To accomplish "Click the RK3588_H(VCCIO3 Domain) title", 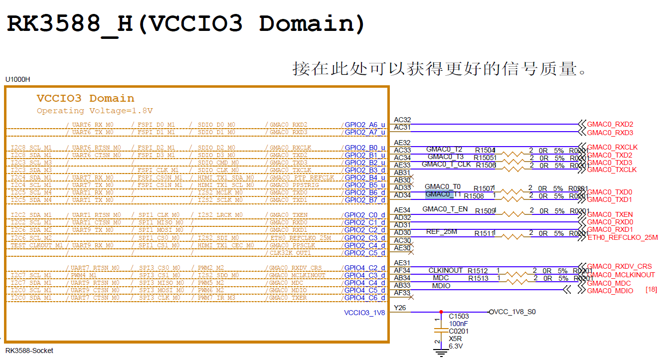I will coord(186,24).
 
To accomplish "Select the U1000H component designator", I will coord(17,79).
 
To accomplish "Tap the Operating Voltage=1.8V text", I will coord(95,111).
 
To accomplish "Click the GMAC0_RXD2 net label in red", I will coord(610,125).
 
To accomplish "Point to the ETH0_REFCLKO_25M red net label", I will coord(623,237).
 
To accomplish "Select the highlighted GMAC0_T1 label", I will coord(443,194).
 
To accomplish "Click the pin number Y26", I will coord(400,308).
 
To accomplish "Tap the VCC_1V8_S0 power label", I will coord(514,312).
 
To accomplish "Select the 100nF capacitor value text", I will coord(459,323).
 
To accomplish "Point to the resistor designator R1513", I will coord(478,278).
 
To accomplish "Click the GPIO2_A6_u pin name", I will coord(365,125).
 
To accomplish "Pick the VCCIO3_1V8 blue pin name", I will coord(364,313).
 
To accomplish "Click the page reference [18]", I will coord(651,289).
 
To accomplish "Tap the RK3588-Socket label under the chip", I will coord(29,351).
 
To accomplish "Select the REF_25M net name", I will coord(441,232).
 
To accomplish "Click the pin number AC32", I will coord(402,120).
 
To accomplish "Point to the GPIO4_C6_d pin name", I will coord(365,298).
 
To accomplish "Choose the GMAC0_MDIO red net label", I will coord(610,291).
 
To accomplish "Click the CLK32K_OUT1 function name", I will coord(290,253).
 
